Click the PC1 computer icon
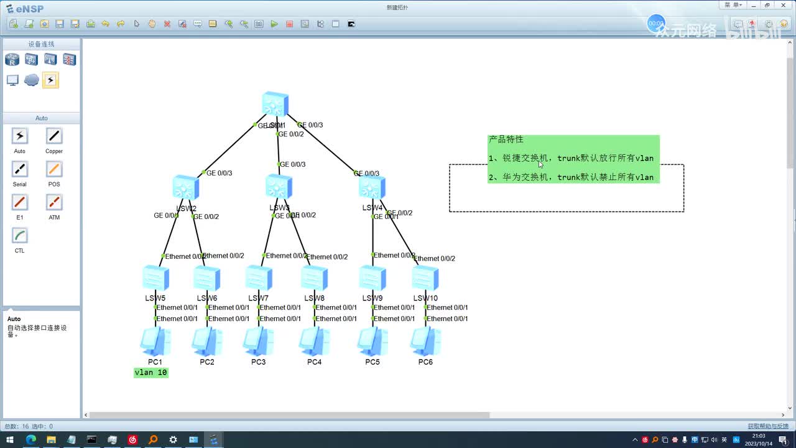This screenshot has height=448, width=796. [155, 341]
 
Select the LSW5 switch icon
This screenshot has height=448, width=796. [155, 278]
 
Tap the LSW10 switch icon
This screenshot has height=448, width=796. [425, 278]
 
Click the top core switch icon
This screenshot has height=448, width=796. [275, 104]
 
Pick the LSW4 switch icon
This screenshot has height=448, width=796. [372, 187]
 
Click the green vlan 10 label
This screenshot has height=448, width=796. [151, 373]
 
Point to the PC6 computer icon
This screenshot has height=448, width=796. [425, 341]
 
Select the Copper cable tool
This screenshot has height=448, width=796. [54, 136]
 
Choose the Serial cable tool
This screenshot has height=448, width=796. [20, 169]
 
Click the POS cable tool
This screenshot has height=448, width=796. [54, 169]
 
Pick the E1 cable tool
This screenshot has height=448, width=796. [20, 202]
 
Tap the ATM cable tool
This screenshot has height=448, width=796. [54, 202]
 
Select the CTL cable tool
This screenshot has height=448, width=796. [20, 236]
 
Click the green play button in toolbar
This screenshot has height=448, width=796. [274, 24]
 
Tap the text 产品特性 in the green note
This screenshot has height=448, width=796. [506, 139]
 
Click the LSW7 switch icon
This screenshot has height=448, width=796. [259, 278]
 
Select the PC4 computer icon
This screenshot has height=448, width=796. [314, 341]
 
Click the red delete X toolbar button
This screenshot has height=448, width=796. [167, 24]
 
